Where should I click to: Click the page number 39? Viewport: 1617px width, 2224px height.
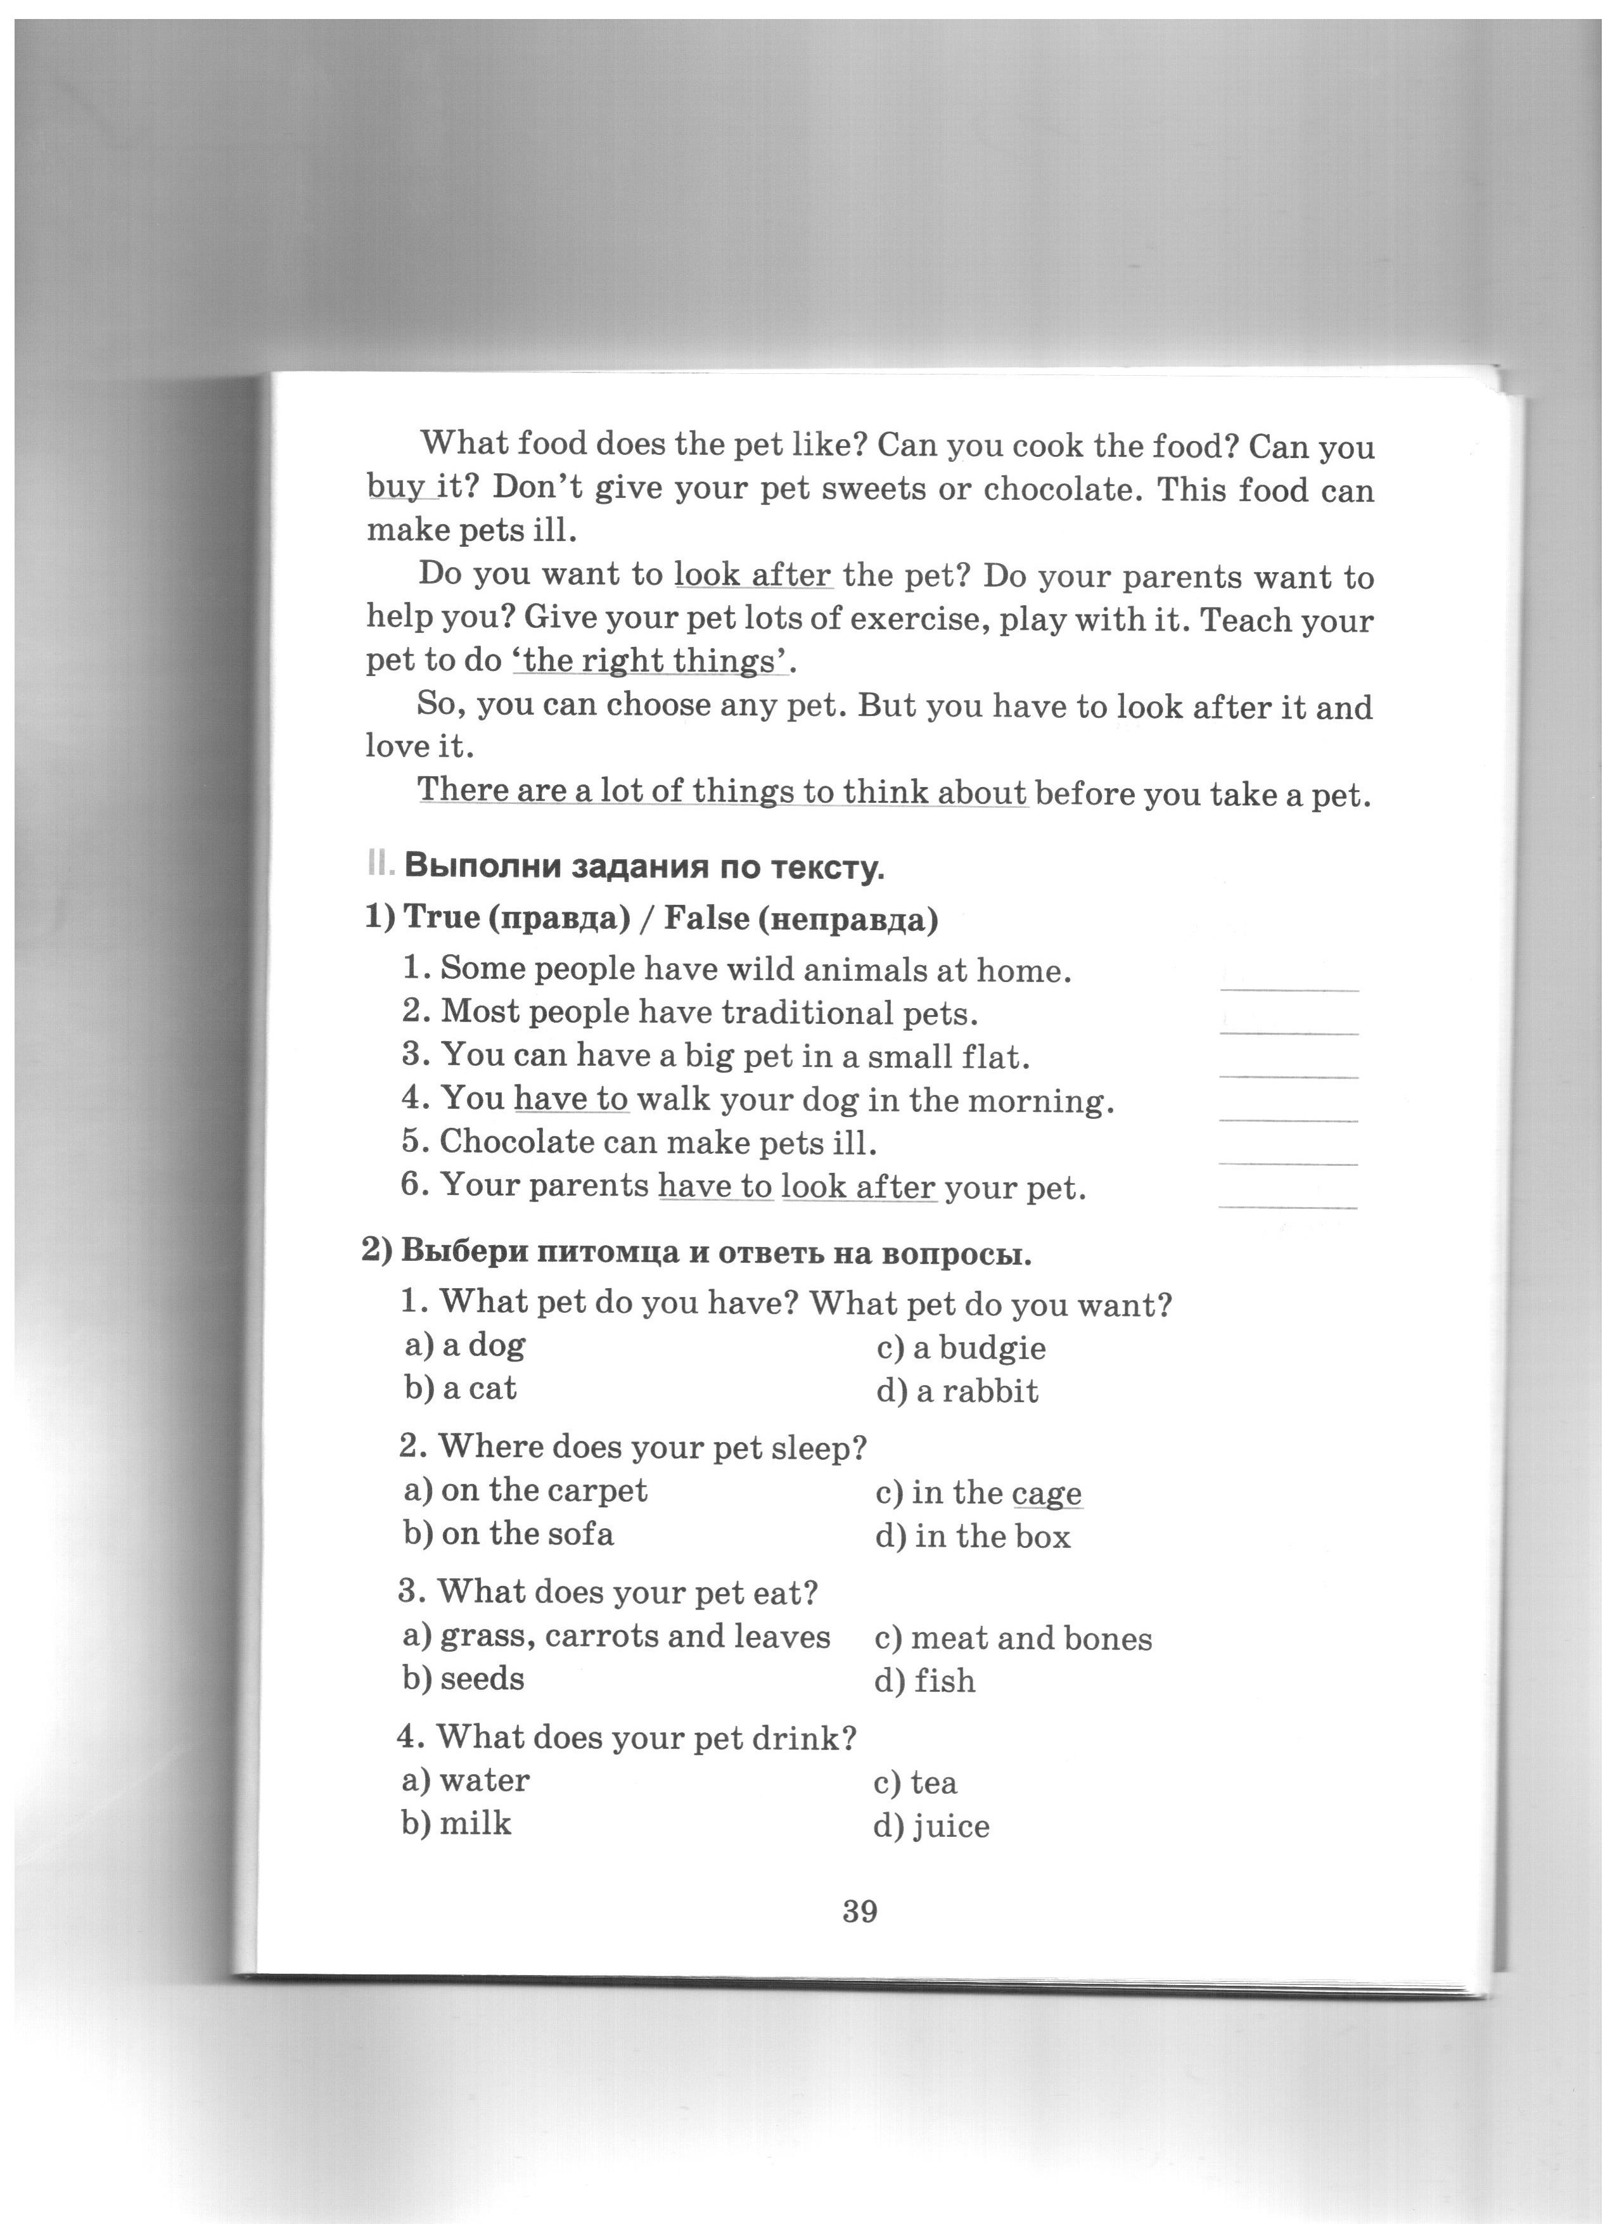(859, 1911)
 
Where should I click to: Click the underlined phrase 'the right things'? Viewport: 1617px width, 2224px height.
(649, 662)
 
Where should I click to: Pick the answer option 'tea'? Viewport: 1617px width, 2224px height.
(915, 1783)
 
